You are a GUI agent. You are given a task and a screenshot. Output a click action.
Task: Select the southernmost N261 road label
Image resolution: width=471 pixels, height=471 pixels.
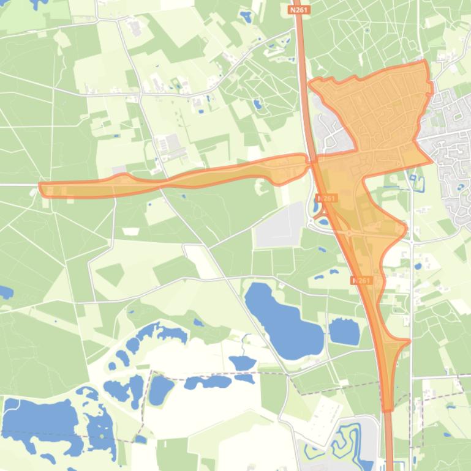click(361, 280)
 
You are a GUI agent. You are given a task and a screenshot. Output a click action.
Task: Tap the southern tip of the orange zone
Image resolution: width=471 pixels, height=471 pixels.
click(388, 408)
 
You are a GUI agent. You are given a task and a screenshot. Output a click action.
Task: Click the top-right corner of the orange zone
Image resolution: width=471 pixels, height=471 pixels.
click(425, 62)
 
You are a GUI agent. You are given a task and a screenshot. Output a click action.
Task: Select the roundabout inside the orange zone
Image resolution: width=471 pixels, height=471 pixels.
click(350, 233)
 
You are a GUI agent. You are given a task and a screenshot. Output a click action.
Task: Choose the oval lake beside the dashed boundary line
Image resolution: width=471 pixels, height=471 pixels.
click(161, 389)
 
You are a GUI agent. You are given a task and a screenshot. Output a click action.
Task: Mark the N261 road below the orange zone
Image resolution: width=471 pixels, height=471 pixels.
click(389, 440)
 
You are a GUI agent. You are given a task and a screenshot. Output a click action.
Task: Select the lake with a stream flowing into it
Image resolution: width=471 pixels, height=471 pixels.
click(244, 363)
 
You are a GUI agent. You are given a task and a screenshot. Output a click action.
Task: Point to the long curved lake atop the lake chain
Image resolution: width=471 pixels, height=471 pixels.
click(162, 334)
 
